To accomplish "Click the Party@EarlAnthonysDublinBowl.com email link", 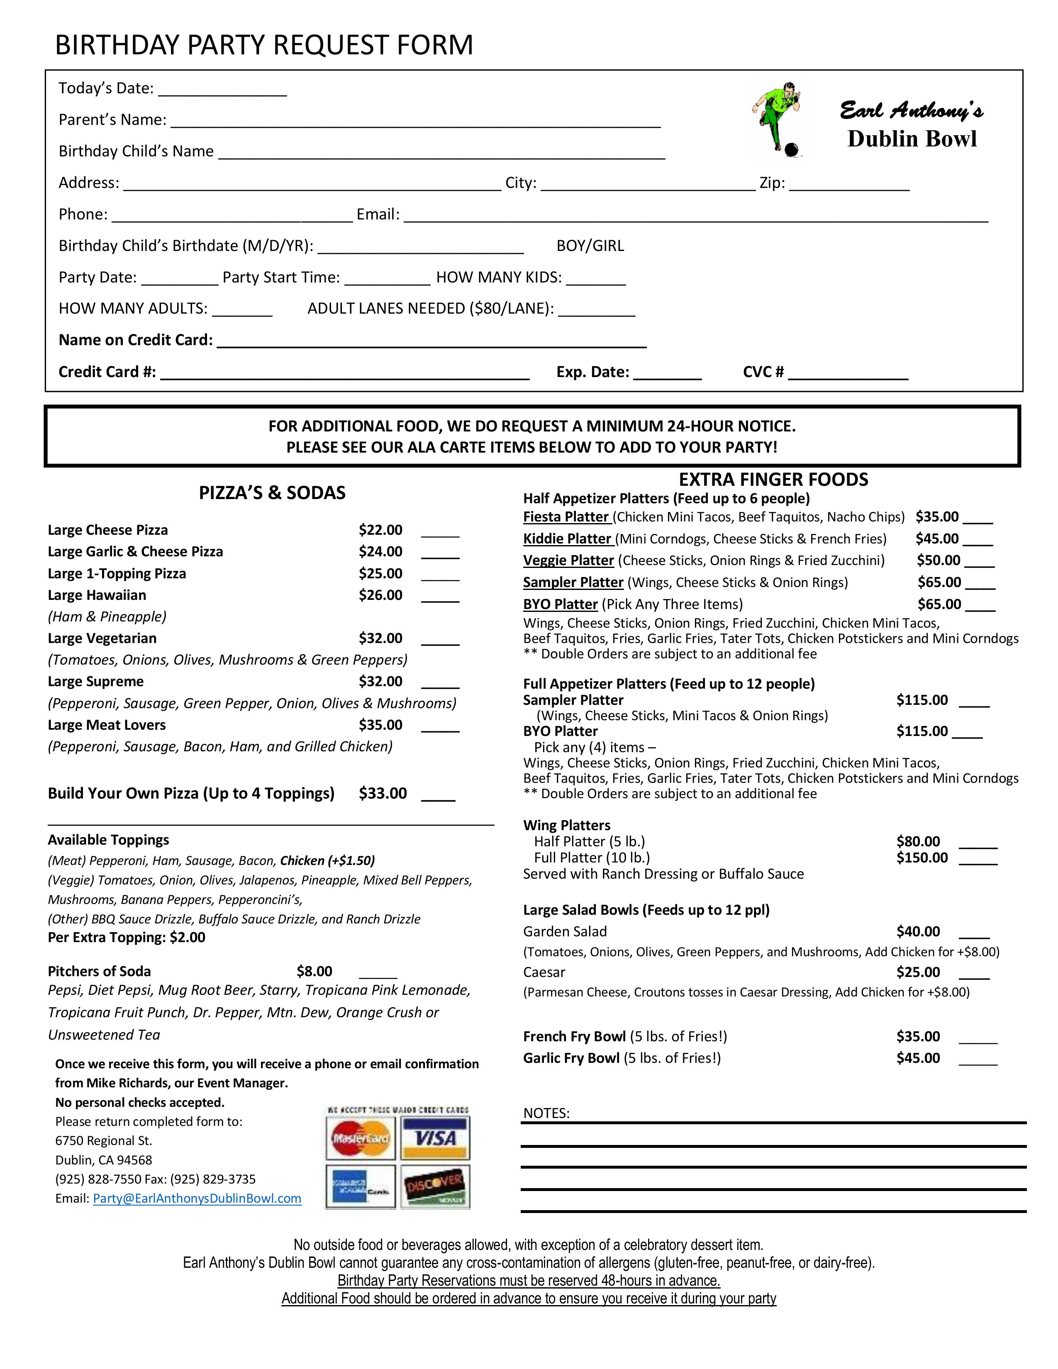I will point(197,1198).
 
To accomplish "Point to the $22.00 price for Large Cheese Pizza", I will point(380,530).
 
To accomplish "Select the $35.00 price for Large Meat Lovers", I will point(380,725).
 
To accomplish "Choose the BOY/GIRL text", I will point(590,246).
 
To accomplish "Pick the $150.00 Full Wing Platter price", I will point(921,857).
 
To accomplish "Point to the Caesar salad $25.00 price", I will point(918,972).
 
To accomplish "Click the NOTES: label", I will point(546,1113).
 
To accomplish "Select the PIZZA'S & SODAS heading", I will point(272,493).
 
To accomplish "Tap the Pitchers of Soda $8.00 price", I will point(314,972).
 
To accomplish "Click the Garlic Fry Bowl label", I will point(571,1058).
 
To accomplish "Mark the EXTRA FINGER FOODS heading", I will point(773,480).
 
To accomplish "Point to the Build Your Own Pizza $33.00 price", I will point(383,794).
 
